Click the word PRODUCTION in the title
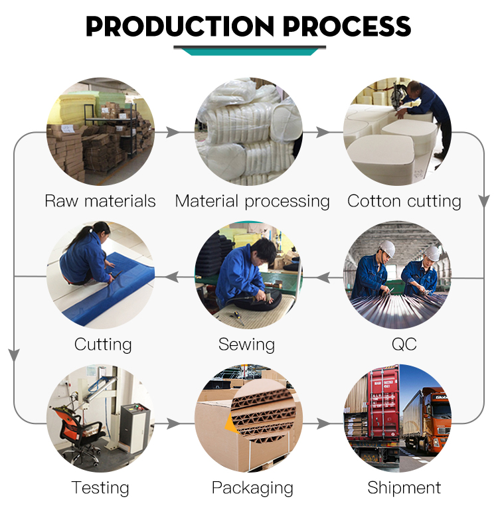[180, 27]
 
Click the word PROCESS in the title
[347, 27]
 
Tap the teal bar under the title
[250, 52]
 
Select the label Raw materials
[100, 201]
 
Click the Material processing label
[252, 202]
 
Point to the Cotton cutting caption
[404, 202]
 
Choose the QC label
[404, 344]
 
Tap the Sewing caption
[246, 345]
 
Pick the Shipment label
[404, 488]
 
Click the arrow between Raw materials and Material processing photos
[172, 132]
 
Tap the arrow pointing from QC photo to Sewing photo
[323, 277]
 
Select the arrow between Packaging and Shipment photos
[323, 423]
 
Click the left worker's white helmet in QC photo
[387, 248]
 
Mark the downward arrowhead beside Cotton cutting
[484, 201]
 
